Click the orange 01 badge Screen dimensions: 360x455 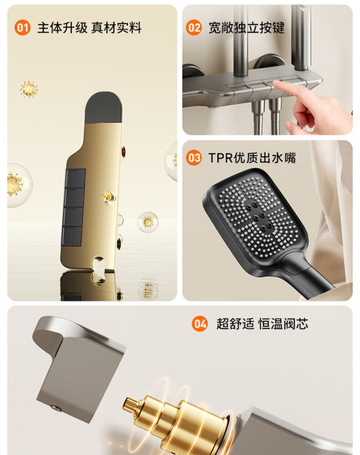(22, 28)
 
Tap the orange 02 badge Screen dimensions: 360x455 (194, 28)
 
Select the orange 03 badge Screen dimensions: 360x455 (194, 158)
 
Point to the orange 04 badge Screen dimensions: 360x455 (200, 324)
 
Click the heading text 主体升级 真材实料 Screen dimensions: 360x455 (89, 28)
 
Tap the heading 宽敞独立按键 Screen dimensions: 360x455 (247, 28)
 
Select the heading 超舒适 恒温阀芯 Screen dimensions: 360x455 (262, 324)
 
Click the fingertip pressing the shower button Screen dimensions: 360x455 (276, 85)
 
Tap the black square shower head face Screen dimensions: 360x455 (255, 218)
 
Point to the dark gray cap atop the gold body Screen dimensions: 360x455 (103, 107)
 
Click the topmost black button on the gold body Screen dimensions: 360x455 (75, 178)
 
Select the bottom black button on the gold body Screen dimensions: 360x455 (71, 236)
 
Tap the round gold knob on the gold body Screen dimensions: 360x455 (108, 197)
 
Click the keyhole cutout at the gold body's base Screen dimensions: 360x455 (98, 264)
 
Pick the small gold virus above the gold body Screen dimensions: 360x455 (29, 89)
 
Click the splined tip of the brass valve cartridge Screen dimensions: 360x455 (129, 404)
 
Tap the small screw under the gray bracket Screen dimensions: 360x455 (56, 408)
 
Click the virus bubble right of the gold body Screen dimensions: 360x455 (148, 222)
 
